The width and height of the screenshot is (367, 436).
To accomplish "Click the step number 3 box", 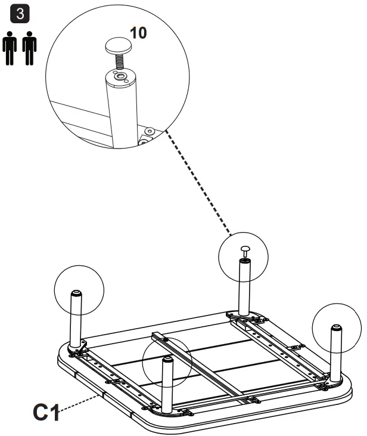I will (x=22, y=14).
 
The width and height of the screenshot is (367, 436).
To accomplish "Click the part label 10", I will (x=138, y=32).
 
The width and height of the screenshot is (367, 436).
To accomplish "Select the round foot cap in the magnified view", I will (x=119, y=44).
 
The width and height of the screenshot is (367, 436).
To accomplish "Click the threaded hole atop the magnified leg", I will (x=120, y=76).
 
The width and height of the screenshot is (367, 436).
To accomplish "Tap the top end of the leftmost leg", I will (x=77, y=293).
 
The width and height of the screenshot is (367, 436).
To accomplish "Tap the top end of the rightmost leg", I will (x=337, y=327).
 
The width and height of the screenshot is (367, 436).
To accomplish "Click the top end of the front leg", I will (x=167, y=359).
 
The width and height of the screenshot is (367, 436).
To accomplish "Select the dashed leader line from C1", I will (x=80, y=401).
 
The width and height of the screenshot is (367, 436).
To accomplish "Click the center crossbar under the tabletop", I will (x=197, y=364).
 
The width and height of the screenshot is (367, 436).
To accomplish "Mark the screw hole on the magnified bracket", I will (x=149, y=131).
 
